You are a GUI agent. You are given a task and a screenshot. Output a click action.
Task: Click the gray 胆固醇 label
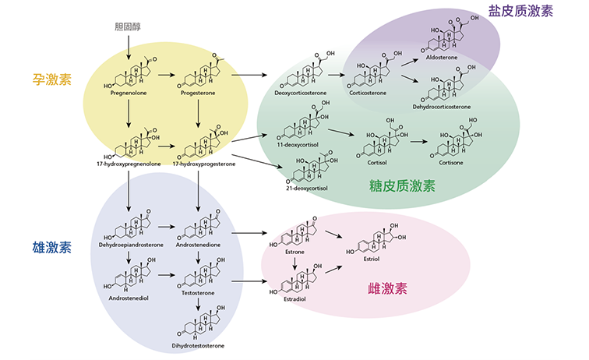125,26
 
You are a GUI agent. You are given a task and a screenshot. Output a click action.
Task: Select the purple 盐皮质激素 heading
520,12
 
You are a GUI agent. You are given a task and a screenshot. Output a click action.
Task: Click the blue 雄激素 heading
51,248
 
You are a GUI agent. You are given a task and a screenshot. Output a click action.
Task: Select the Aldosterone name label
443,57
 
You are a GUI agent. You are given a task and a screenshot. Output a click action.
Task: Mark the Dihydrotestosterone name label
198,345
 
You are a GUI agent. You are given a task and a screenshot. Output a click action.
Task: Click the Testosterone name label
198,297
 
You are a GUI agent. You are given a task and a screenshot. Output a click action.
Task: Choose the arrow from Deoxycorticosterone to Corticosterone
336,76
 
